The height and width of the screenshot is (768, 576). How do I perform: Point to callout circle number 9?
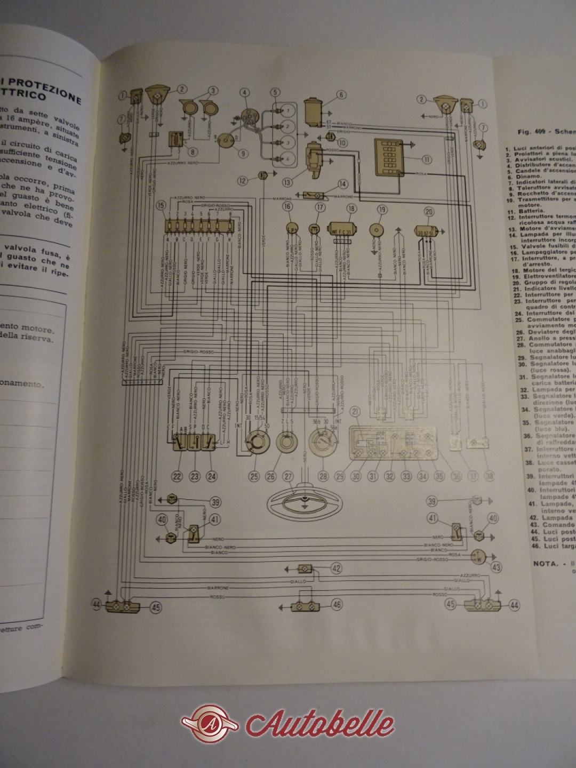(x=243, y=154)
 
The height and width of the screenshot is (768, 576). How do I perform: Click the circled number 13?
(x=287, y=182)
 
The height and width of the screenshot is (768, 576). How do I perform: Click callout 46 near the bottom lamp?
(x=335, y=604)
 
